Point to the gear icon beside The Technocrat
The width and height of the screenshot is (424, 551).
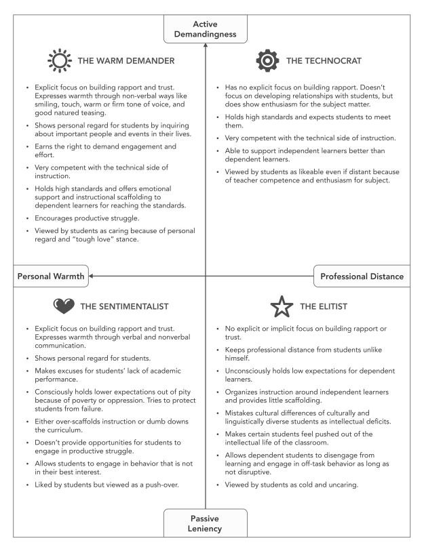coord(267,62)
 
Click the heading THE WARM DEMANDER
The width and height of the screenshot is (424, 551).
coord(127,62)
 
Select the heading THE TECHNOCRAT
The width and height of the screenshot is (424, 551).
coord(324,62)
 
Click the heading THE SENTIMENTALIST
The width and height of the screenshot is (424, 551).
coord(126,306)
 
